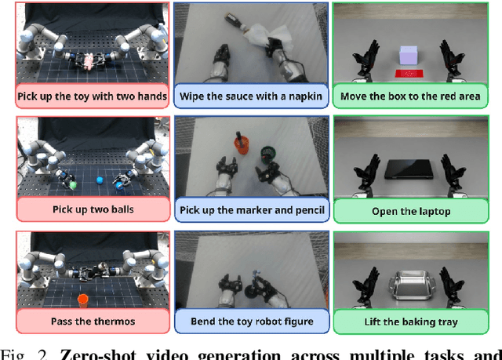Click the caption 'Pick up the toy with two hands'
click(x=93, y=97)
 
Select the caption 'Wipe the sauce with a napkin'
click(x=250, y=97)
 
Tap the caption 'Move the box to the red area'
click(x=409, y=97)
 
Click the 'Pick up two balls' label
click(x=93, y=209)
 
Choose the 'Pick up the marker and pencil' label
click(x=250, y=209)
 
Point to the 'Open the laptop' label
click(x=409, y=209)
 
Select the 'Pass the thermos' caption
click(x=93, y=321)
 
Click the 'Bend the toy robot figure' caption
click(x=250, y=321)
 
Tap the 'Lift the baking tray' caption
click(x=409, y=321)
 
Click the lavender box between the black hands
click(x=409, y=54)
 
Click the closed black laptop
click(x=408, y=169)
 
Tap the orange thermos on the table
click(x=82, y=299)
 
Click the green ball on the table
click(x=73, y=186)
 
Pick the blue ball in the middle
click(x=100, y=180)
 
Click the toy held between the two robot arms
click(x=92, y=60)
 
